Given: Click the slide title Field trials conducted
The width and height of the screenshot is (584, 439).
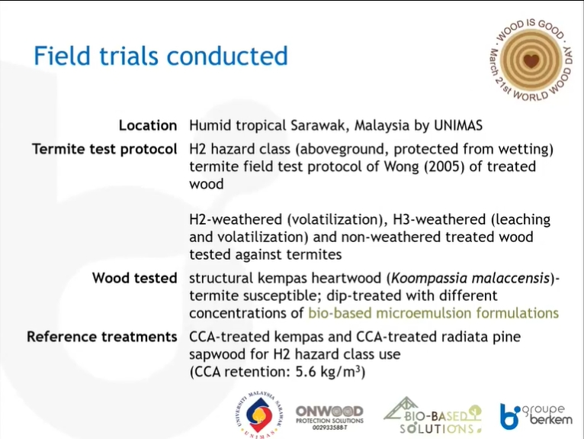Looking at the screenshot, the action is (x=161, y=56).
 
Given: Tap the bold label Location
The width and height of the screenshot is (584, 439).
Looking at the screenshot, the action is (x=148, y=125).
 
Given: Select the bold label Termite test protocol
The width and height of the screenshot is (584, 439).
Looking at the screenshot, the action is (x=104, y=149).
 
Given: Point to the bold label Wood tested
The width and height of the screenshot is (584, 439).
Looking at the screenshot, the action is (x=134, y=278).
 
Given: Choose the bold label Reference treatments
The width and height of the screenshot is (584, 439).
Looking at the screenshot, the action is (x=101, y=337).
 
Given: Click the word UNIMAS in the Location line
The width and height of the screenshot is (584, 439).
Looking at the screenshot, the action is (x=458, y=125).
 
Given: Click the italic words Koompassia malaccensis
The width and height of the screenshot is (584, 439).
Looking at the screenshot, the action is (x=470, y=278).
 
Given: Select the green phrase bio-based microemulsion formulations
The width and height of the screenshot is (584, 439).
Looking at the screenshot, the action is (x=434, y=313).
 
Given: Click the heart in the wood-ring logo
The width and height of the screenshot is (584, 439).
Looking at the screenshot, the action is (x=531, y=60).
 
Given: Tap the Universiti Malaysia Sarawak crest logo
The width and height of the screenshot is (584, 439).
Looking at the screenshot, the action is (x=259, y=415).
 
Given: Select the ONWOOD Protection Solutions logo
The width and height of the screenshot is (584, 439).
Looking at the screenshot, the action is (x=329, y=418).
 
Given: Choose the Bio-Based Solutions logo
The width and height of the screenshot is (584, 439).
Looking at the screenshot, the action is (x=433, y=415).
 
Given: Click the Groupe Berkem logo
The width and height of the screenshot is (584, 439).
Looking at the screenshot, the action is (x=535, y=416).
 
